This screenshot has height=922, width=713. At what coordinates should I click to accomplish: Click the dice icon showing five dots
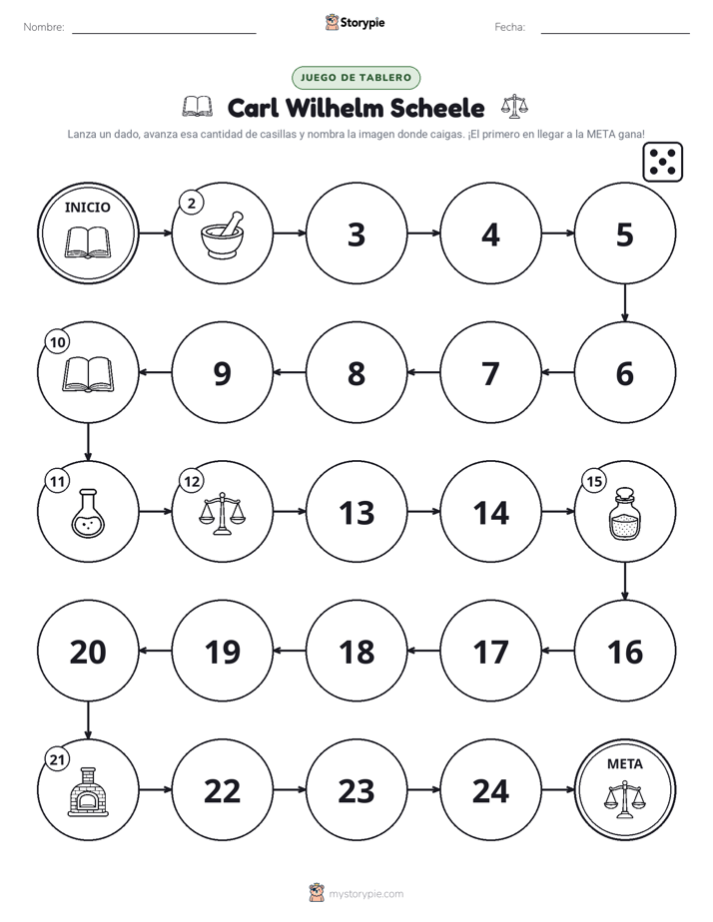[663, 162]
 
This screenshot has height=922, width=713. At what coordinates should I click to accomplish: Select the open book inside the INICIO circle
[88, 242]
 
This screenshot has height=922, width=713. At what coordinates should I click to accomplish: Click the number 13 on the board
[356, 513]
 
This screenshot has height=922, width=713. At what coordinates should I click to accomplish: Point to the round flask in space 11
[88, 513]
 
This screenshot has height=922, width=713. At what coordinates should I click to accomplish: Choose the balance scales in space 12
[222, 513]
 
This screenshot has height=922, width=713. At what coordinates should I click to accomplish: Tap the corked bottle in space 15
[625, 513]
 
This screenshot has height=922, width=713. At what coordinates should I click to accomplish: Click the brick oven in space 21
[88, 791]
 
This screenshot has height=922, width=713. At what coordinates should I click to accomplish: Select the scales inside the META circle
[625, 799]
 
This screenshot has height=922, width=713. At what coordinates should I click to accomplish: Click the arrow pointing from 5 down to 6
[625, 302]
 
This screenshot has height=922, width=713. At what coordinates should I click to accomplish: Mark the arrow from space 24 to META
[557, 789]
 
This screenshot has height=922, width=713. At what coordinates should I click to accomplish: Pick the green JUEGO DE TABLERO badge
[356, 78]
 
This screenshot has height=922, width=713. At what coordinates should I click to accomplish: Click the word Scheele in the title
[437, 108]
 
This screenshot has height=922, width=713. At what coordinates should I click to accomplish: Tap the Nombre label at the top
[44, 27]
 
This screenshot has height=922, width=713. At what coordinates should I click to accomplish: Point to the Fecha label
[509, 27]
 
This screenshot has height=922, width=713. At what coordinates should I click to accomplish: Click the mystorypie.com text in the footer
[365, 894]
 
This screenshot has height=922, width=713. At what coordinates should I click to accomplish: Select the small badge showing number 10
[58, 342]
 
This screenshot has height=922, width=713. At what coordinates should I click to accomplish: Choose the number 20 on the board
[88, 653]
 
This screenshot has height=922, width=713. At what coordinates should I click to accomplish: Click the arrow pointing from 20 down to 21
[88, 720]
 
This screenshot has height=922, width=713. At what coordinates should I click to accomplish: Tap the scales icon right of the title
[514, 107]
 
